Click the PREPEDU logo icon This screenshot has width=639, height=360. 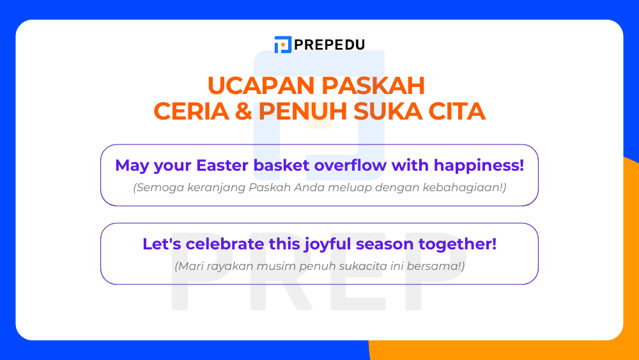(282, 45)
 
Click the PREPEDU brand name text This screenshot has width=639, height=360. (330, 45)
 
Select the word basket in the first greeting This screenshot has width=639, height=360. (283, 166)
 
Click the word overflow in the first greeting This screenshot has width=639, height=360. (353, 166)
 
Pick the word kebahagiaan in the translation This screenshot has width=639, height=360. (467, 188)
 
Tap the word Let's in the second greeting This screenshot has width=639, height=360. (158, 244)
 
